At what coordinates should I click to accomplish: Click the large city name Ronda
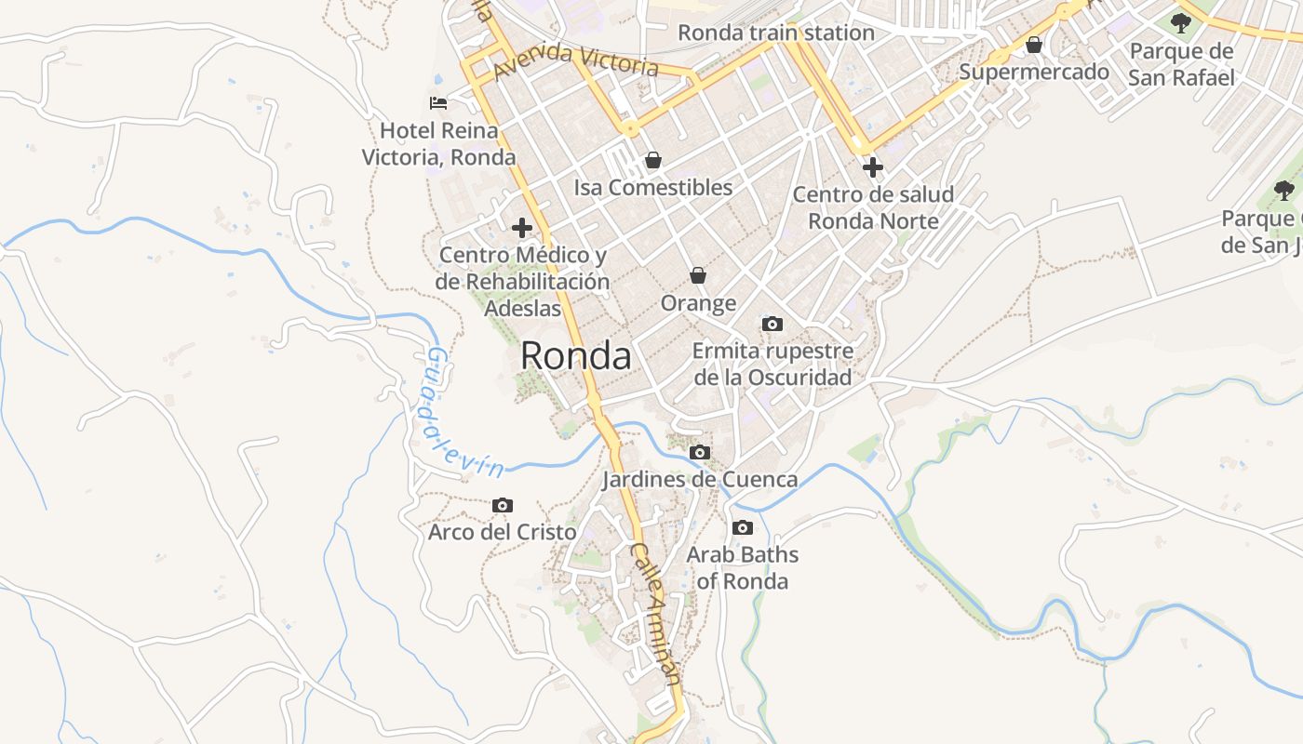click(x=575, y=355)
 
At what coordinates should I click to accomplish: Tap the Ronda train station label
click(x=775, y=33)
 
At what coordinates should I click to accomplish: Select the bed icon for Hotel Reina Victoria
click(x=438, y=102)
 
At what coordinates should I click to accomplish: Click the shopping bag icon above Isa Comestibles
click(x=653, y=160)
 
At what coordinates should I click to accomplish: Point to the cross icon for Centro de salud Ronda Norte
click(x=872, y=167)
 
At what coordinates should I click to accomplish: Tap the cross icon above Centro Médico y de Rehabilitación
click(x=522, y=227)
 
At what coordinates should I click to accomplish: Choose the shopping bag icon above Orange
click(x=698, y=275)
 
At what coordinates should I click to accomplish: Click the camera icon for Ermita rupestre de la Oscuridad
click(x=772, y=324)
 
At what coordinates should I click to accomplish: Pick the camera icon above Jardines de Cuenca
click(x=700, y=452)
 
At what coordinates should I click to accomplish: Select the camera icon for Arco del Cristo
click(x=503, y=505)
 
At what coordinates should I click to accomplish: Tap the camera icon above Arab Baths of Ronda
click(x=742, y=527)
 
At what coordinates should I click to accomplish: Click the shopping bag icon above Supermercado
click(x=1034, y=45)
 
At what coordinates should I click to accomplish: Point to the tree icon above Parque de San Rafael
click(x=1181, y=23)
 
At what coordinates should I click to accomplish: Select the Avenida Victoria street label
click(x=576, y=60)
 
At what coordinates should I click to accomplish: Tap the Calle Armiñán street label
click(x=657, y=616)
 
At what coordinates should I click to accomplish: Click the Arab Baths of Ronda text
click(x=742, y=568)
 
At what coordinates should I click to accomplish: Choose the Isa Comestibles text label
click(x=653, y=187)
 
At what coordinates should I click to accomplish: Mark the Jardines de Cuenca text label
click(x=700, y=479)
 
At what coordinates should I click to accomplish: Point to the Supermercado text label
click(x=1034, y=72)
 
